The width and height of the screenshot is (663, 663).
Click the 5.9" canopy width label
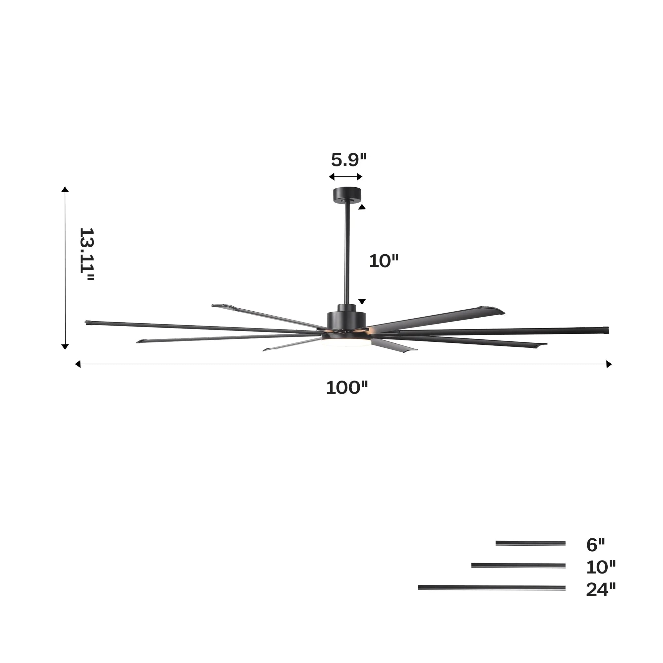[x=349, y=160]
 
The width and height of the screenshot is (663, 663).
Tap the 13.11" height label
[x=87, y=255]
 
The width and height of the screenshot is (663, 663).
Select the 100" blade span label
[x=347, y=388]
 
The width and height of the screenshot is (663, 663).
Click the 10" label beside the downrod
[x=383, y=262]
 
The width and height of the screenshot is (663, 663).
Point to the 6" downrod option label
[x=595, y=545]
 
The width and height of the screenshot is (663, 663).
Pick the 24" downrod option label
[x=601, y=589]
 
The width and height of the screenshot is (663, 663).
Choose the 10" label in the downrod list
[x=601, y=567]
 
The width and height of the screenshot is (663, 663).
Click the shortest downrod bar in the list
[x=530, y=543]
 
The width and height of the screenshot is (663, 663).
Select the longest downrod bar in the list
[x=491, y=588]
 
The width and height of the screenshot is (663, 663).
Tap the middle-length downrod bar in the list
[x=518, y=566]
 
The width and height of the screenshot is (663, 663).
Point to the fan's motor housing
[x=346, y=319]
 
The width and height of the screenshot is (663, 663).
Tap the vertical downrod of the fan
[x=347, y=254]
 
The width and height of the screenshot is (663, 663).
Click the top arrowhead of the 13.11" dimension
[x=65, y=190]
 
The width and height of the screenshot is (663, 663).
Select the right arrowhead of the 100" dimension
[x=609, y=364]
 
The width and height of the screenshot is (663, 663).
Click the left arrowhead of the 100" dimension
[x=78, y=364]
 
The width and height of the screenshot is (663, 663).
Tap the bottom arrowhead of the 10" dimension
[x=362, y=302]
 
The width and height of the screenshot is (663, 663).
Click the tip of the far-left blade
[x=87, y=322]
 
